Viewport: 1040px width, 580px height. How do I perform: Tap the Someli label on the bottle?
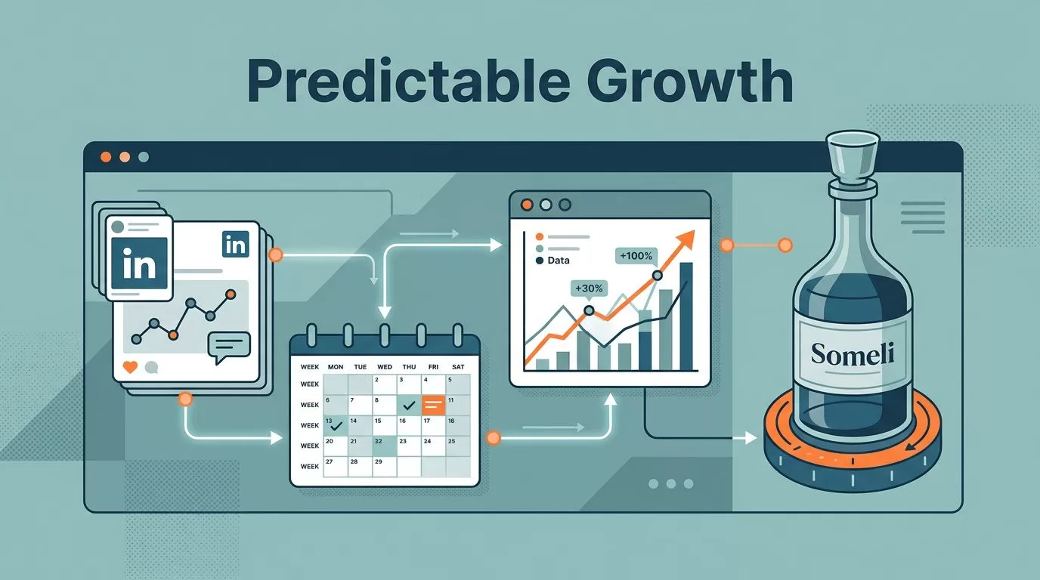[853, 354]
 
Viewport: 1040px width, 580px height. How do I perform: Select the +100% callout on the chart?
[636, 256]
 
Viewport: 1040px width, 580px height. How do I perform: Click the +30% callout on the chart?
[589, 288]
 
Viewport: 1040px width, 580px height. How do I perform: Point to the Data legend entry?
[552, 261]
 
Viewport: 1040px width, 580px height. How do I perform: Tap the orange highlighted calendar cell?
[433, 405]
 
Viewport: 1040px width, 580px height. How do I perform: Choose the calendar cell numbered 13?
[336, 425]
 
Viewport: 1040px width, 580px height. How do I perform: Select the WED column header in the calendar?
[385, 366]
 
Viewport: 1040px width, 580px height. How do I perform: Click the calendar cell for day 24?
[433, 446]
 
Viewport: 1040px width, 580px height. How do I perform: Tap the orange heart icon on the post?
[130, 367]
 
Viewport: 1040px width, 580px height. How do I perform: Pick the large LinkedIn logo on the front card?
[139, 264]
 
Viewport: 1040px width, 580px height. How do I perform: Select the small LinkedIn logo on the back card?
[236, 245]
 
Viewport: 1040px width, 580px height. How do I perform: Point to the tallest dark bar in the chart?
[686, 316]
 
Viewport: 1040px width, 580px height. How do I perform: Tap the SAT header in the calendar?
[458, 366]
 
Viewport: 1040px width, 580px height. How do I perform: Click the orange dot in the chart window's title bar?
[527, 205]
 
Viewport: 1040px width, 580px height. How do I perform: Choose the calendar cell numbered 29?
[384, 466]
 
